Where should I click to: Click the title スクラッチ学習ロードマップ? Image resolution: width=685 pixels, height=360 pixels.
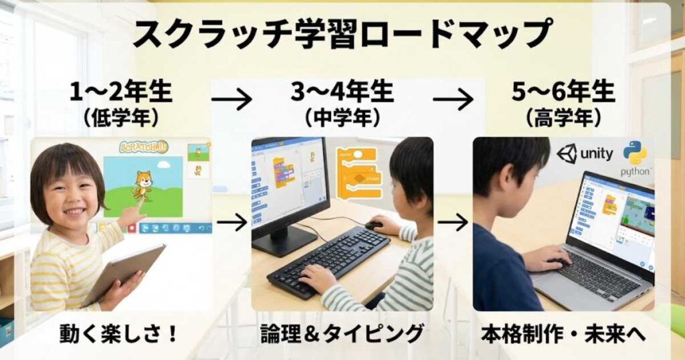pyautogui.click(x=342, y=33)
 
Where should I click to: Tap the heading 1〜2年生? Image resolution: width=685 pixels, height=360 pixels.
pyautogui.click(x=121, y=92)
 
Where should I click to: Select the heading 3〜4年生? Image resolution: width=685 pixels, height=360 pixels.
pyautogui.click(x=342, y=92)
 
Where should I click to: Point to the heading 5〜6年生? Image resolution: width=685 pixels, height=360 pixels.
pyautogui.click(x=563, y=92)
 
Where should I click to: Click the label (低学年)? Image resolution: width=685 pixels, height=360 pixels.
pyautogui.click(x=121, y=118)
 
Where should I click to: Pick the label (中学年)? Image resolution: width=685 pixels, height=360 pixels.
pyautogui.click(x=342, y=118)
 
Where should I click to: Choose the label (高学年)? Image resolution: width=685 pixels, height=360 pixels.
pyautogui.click(x=563, y=118)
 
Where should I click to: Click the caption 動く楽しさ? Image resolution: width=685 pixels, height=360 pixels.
pyautogui.click(x=120, y=333)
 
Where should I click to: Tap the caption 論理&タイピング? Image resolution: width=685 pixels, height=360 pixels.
pyautogui.click(x=342, y=333)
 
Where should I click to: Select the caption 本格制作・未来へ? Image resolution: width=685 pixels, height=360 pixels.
pyautogui.click(x=563, y=333)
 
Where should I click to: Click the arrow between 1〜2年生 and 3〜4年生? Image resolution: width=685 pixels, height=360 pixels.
pyautogui.click(x=231, y=100)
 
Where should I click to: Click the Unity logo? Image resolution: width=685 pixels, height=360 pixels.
pyautogui.click(x=585, y=154)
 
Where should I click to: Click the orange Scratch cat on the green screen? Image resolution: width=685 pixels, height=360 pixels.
pyautogui.click(x=142, y=185)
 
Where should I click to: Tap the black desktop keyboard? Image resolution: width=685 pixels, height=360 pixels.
pyautogui.click(x=328, y=260)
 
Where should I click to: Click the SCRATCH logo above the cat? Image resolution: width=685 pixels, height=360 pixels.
pyautogui.click(x=143, y=147)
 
